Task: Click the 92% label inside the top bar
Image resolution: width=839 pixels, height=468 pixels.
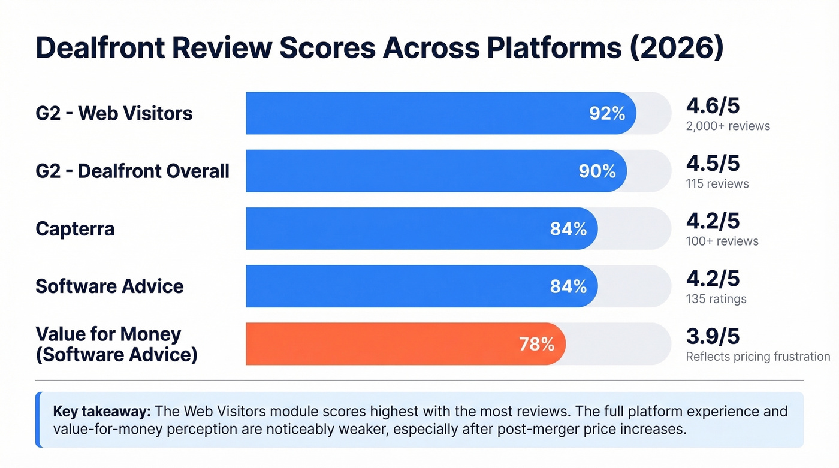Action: pos(607,113)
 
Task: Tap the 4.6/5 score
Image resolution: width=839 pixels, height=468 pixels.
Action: pos(713,106)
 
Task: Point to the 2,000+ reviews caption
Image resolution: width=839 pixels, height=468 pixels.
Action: pos(728,126)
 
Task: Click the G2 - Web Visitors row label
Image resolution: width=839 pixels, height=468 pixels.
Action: pos(114,113)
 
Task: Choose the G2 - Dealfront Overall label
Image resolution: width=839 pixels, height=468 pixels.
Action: pos(132,171)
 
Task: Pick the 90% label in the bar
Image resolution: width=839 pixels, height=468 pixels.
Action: pos(597,171)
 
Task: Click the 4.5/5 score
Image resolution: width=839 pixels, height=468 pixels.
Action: pos(713,164)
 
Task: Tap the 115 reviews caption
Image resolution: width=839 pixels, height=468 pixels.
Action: pos(717,183)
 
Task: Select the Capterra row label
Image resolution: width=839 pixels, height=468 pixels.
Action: pos(75,228)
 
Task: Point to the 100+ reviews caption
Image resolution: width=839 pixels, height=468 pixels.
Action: pos(722,241)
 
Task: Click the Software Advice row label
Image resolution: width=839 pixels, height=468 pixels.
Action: pos(110,286)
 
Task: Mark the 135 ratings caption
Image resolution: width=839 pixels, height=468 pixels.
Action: pos(716,298)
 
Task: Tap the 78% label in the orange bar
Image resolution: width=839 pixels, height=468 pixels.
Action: pos(536,344)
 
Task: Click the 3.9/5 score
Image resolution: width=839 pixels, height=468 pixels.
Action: pos(713,337)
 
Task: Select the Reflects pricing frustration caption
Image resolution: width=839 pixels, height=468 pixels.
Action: pos(758,357)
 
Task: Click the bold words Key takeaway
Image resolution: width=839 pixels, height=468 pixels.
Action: pos(102,412)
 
